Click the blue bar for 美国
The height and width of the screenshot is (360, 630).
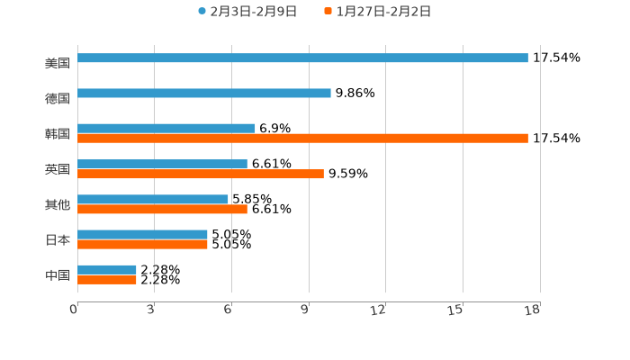[302, 58]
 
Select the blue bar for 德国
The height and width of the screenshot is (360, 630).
[204, 93]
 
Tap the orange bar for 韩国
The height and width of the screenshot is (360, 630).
[302, 139]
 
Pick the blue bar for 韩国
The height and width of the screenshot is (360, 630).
[166, 128]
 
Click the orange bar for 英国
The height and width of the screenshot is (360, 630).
[201, 174]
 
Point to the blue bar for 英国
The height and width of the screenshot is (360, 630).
[162, 164]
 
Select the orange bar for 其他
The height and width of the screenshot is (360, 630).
[162, 209]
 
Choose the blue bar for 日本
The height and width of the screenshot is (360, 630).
[142, 234]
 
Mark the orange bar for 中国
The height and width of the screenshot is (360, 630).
[107, 280]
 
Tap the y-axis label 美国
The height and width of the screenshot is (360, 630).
[58, 63]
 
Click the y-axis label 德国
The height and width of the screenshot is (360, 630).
[58, 98]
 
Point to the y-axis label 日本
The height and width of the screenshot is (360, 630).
[58, 239]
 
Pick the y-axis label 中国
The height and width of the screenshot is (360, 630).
[58, 274]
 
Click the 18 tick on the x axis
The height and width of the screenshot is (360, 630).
[533, 310]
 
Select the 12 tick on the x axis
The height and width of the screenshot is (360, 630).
[379, 310]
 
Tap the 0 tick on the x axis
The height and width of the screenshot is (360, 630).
[75, 310]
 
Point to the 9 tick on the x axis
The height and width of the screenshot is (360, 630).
[306, 310]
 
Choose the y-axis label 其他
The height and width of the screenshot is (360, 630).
[58, 204]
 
